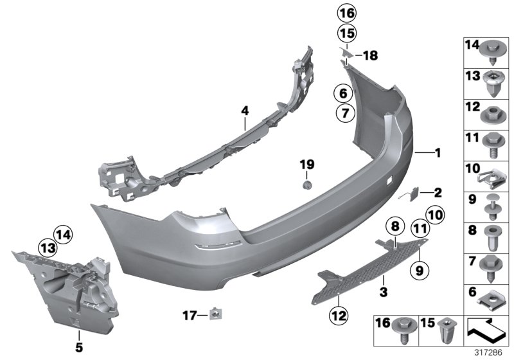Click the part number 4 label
pyautogui.click(x=245, y=111)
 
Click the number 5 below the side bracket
pyautogui.click(x=79, y=335)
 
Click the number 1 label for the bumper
pyautogui.click(x=438, y=153)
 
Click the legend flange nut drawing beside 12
pyautogui.click(x=495, y=112)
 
